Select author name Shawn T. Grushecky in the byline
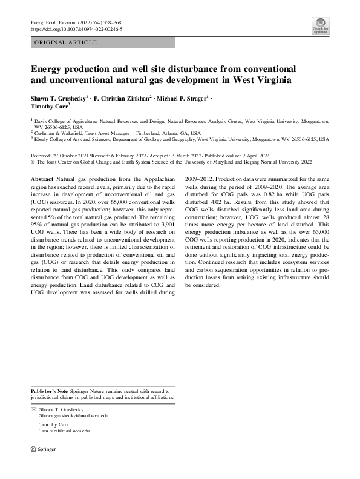point(59,97)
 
